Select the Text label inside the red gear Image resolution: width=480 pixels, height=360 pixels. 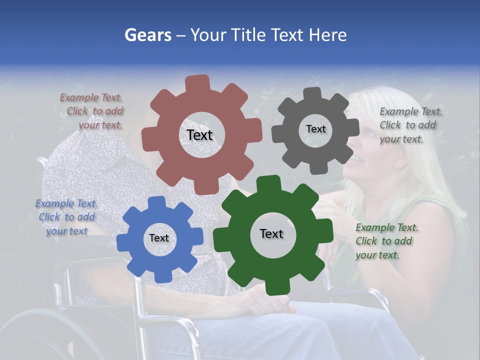click(x=199, y=135)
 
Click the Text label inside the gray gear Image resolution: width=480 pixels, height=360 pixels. click(x=315, y=129)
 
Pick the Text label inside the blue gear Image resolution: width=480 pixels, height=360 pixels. click(x=159, y=238)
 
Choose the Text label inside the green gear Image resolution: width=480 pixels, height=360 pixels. click(x=271, y=233)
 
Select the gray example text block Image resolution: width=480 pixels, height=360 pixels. click(x=410, y=125)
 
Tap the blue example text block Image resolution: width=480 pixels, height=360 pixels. click(x=66, y=217)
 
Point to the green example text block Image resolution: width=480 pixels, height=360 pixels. click(x=386, y=241)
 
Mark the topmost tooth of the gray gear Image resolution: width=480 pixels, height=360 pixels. click(x=312, y=93)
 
